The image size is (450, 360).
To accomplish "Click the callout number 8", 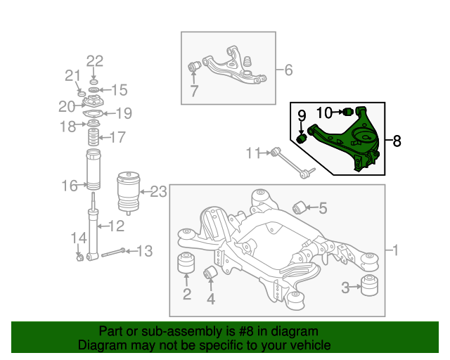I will pyautogui.click(x=397, y=141).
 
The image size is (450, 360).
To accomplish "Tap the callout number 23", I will pyautogui.click(x=158, y=191).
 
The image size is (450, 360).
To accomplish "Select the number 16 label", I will pyautogui.click(x=69, y=186).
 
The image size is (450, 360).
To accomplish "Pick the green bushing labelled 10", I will pyautogui.click(x=346, y=112).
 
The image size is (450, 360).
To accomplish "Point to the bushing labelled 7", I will pyautogui.click(x=196, y=67).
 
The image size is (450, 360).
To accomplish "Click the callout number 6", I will pyautogui.click(x=288, y=70).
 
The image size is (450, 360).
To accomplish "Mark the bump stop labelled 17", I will pyautogui.click(x=91, y=138).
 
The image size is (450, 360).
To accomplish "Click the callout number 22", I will pyautogui.click(x=94, y=60).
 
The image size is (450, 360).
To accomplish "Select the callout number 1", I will pyautogui.click(x=394, y=250).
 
